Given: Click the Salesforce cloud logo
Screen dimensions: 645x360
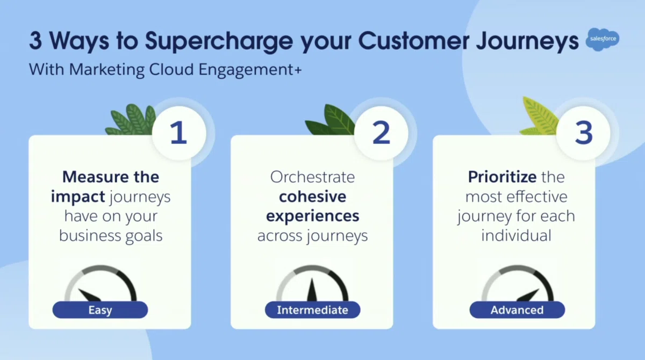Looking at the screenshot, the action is click(603, 39).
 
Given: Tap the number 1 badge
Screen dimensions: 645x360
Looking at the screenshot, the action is click(179, 133).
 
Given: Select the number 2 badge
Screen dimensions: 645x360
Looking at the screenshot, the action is click(381, 133).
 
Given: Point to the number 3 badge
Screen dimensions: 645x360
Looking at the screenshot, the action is click(583, 133).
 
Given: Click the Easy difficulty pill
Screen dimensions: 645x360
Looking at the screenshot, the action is click(100, 310).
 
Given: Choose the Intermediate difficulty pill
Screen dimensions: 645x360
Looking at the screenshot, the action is click(313, 310).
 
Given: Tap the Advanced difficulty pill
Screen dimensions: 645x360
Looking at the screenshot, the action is click(517, 310).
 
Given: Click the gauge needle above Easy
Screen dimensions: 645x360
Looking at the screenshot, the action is click(89, 295).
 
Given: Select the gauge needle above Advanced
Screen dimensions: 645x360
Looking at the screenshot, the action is click(528, 296).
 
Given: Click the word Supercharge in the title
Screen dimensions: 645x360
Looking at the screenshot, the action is click(219, 41).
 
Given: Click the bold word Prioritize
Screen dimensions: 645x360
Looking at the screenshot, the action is click(502, 177).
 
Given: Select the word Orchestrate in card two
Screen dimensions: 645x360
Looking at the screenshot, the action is click(312, 177).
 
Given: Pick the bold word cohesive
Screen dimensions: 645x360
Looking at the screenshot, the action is click(312, 197).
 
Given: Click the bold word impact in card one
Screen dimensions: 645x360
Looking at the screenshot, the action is click(78, 197).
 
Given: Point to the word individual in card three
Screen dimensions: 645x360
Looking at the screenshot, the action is click(517, 235).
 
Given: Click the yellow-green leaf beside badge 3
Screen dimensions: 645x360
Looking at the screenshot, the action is click(539, 117).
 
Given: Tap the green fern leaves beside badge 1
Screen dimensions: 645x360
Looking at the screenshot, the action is click(131, 120).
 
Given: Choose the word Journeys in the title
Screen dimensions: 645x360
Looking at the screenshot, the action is click(527, 41).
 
